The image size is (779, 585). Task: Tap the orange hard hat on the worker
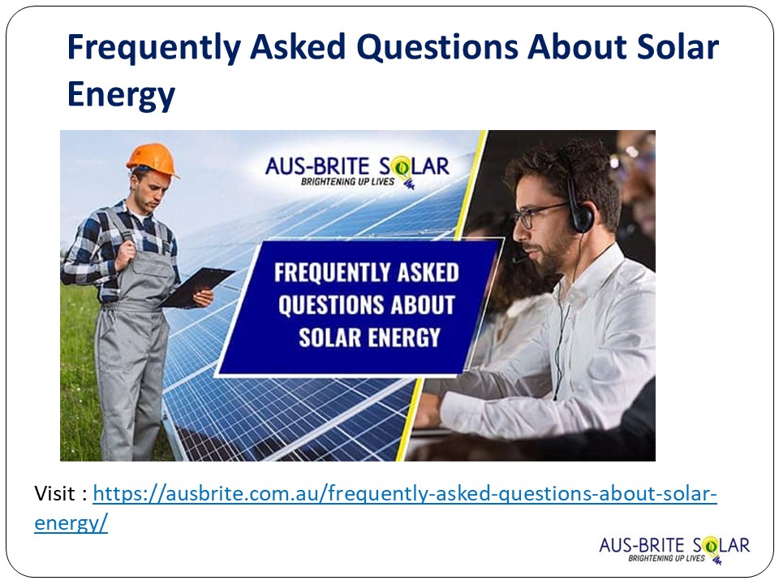tap(152, 158)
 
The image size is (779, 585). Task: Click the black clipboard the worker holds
tap(196, 287)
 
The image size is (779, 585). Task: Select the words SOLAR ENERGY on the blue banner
tap(369, 336)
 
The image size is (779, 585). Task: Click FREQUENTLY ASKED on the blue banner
tap(367, 272)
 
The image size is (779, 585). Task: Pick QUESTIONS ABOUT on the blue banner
tap(366, 305)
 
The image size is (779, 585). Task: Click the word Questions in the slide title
tap(438, 49)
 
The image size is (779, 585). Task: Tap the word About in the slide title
tap(575, 49)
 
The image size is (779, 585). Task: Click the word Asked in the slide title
tap(296, 49)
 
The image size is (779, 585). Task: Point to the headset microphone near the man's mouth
tap(519, 260)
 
